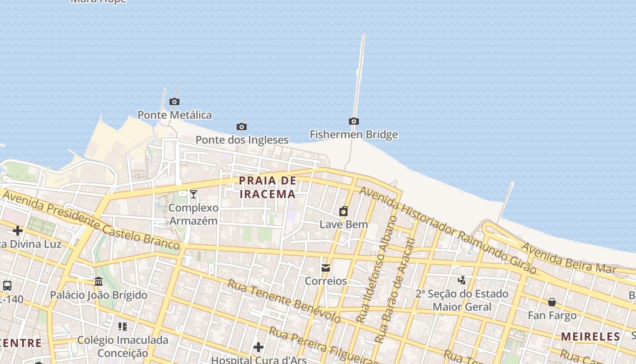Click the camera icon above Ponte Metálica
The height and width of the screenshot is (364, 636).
[174, 101]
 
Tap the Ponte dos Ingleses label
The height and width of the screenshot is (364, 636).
[242, 140]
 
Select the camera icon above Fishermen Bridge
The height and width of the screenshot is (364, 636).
[353, 121]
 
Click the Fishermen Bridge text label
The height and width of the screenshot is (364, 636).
[353, 134]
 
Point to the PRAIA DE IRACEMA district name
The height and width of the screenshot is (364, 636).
[268, 187]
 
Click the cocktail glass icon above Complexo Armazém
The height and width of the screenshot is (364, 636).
[194, 194]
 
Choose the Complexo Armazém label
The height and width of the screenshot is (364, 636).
[194, 214]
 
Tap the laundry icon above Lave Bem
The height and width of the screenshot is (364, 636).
[343, 211]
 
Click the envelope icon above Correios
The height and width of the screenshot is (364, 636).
[326, 268]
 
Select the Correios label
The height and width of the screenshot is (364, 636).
[326, 281]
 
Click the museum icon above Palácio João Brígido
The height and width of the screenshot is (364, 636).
[99, 282]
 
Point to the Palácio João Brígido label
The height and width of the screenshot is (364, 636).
[99, 295]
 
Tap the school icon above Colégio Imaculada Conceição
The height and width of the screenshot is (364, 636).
[123, 327]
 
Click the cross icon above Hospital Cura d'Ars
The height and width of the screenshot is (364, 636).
[258, 348]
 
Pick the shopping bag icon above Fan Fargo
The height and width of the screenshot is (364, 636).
[552, 302]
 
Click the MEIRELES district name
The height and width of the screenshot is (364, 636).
[591, 337]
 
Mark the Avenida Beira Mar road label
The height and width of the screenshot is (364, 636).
[567, 258]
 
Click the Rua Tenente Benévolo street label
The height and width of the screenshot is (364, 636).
[284, 301]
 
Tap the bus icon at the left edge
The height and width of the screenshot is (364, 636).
[7, 286]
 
